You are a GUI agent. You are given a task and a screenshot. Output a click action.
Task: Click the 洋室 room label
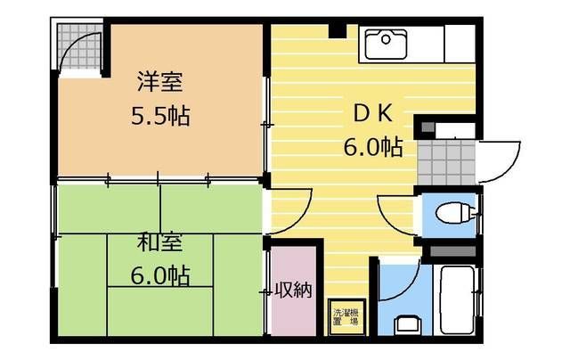click(x=160, y=82)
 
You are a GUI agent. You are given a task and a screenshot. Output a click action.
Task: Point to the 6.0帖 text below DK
click(x=372, y=147)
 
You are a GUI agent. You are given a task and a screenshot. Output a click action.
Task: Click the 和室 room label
click(x=160, y=241)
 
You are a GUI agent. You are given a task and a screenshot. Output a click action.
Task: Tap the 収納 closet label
click(x=293, y=290)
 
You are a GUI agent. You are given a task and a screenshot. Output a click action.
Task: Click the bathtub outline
click(x=460, y=299)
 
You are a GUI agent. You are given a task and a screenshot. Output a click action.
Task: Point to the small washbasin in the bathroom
click(x=406, y=324)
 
